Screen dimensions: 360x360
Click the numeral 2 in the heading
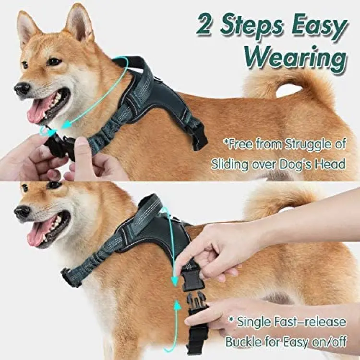(204, 24)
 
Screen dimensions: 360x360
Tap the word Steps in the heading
(252, 27)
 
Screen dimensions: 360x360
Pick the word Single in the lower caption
(253, 323)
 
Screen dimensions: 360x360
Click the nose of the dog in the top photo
(22, 88)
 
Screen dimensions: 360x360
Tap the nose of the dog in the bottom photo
(22, 212)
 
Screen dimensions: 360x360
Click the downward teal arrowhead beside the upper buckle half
(175, 281)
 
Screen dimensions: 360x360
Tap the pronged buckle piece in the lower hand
(196, 301)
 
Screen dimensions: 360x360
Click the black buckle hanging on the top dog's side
(199, 138)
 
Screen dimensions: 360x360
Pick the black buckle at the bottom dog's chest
(71, 277)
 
